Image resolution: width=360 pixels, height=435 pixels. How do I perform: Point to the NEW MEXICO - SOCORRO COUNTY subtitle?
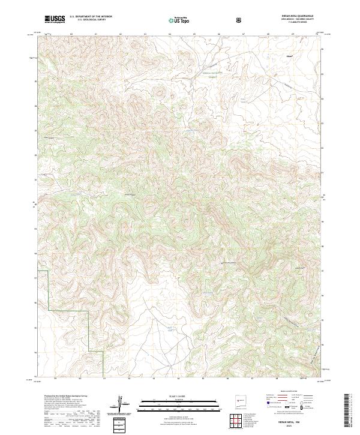click(297, 20)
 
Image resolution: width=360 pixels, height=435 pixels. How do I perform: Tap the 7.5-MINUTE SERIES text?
click(297, 23)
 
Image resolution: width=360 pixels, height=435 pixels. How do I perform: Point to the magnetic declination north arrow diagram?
click(123, 404)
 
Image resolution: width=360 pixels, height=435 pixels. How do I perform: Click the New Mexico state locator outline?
click(239, 400)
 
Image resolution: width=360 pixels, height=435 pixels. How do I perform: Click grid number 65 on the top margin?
click(194, 34)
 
